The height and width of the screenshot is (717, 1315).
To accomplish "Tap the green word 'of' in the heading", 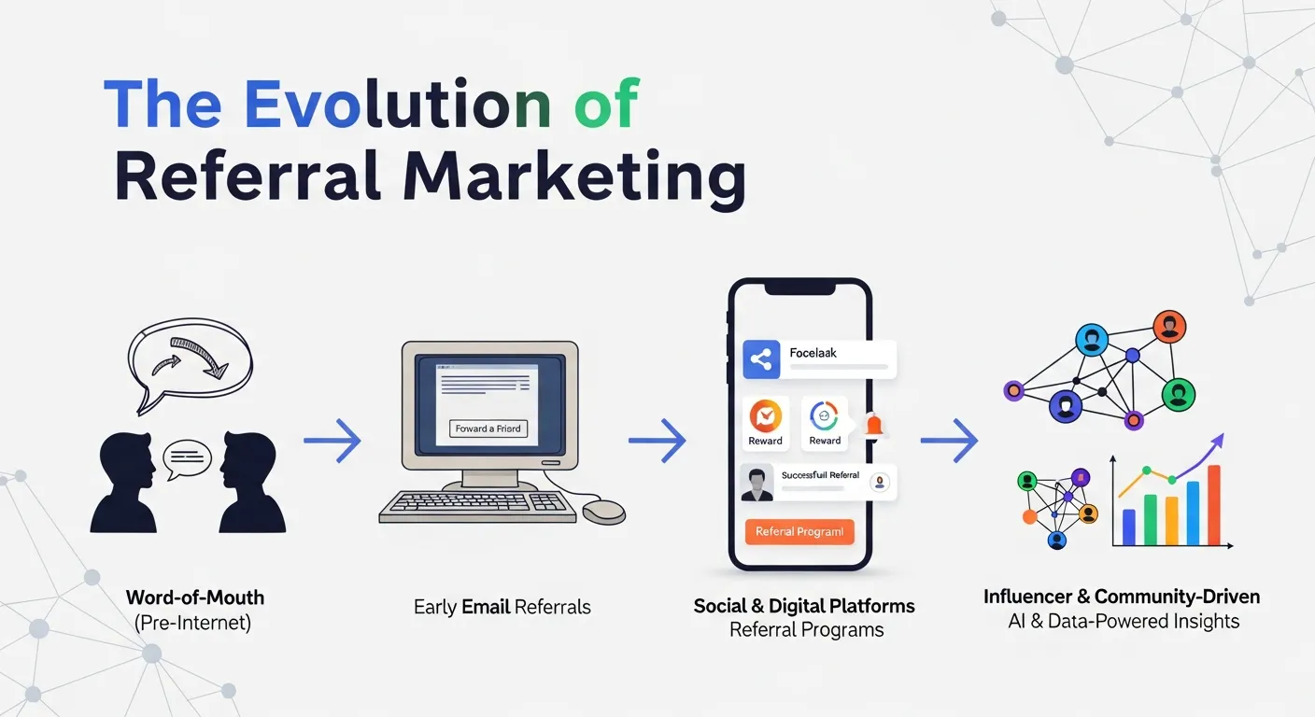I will (x=606, y=105).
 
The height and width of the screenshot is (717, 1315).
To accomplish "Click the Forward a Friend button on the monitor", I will (x=489, y=429).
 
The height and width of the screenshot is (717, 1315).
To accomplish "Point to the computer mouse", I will (x=603, y=511).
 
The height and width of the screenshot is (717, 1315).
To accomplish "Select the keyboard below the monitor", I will (x=477, y=505).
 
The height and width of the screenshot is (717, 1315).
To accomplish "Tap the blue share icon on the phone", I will (x=761, y=359).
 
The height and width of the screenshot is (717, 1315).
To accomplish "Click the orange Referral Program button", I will (x=799, y=531).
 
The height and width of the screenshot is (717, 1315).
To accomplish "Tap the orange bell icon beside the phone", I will (x=873, y=425).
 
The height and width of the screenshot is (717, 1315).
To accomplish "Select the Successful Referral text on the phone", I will (x=820, y=475).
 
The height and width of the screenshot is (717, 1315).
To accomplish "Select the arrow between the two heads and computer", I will (x=332, y=440).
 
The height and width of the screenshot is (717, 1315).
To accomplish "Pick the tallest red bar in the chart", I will (x=1213, y=505).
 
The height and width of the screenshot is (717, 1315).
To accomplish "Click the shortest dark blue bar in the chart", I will (x=1128, y=527).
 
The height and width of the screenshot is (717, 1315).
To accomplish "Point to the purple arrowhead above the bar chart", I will (x=1217, y=440).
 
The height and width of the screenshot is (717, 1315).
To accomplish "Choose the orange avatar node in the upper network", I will (x=1169, y=328).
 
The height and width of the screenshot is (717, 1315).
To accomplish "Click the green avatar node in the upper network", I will (x=1179, y=393).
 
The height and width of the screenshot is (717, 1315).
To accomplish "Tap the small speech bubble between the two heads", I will (x=188, y=457).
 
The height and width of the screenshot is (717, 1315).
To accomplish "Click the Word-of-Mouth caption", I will (x=194, y=597).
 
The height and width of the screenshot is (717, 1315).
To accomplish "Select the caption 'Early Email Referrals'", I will (x=502, y=607).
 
